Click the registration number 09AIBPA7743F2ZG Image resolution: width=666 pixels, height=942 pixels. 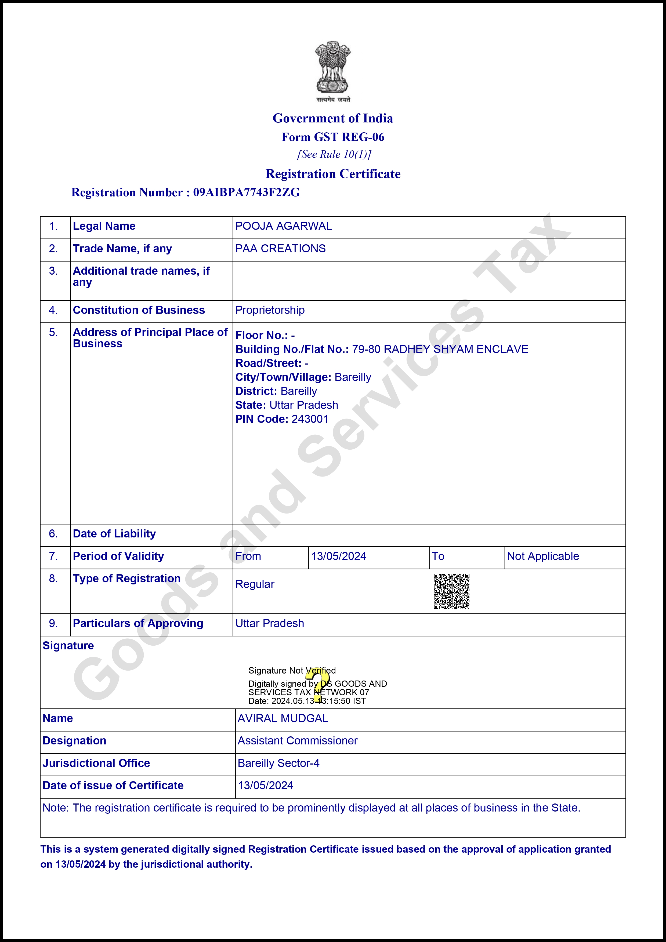point(246,192)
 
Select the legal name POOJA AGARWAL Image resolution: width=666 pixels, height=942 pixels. point(284,226)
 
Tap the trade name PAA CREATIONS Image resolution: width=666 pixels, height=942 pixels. point(280,249)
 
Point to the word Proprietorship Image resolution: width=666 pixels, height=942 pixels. point(270,310)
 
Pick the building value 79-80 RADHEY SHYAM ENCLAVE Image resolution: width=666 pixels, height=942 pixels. point(440,349)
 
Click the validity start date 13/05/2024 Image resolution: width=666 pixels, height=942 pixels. point(339,556)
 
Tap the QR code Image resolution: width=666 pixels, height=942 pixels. point(451,591)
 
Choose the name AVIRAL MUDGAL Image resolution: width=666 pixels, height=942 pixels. point(283,718)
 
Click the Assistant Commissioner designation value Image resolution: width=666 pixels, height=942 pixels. point(298,741)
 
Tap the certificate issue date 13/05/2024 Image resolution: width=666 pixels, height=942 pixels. point(266,785)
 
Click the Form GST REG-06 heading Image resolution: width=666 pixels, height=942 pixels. point(333,137)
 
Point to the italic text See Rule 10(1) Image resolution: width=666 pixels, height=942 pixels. point(334,154)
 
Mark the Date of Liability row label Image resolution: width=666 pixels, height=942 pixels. point(114,534)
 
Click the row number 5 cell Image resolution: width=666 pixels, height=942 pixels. point(53,332)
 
